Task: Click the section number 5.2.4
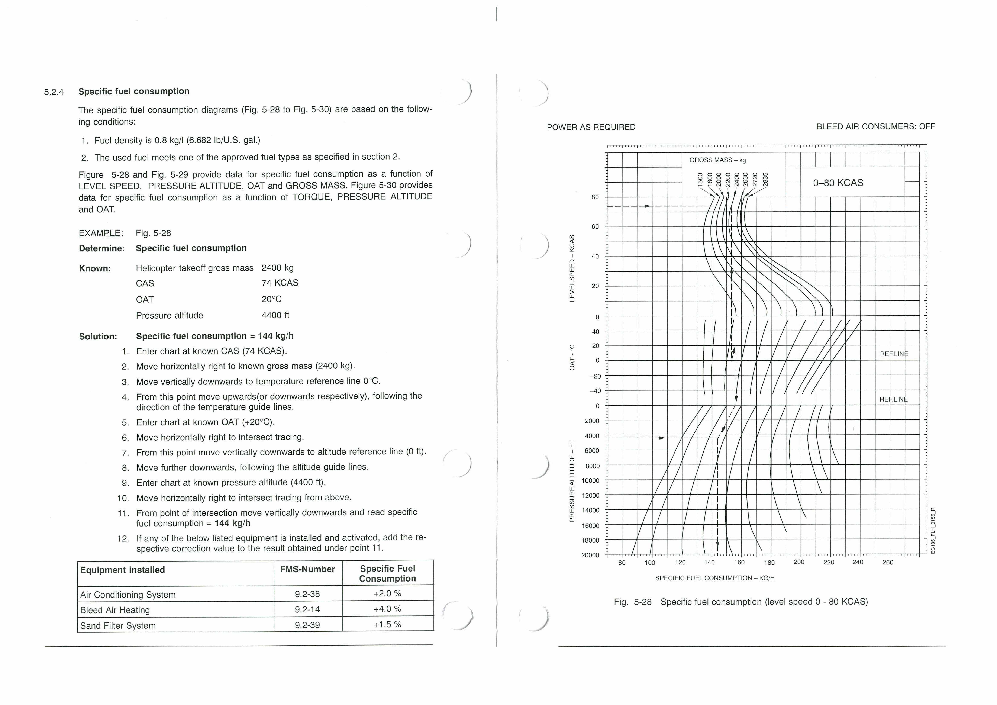[x=54, y=92]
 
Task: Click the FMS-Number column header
[x=307, y=569]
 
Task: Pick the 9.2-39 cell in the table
[x=307, y=625]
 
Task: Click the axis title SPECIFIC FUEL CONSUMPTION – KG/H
[x=715, y=578]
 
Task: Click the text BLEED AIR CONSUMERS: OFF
[x=875, y=126]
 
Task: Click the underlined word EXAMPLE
[x=100, y=233]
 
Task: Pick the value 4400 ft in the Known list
[x=275, y=315]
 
